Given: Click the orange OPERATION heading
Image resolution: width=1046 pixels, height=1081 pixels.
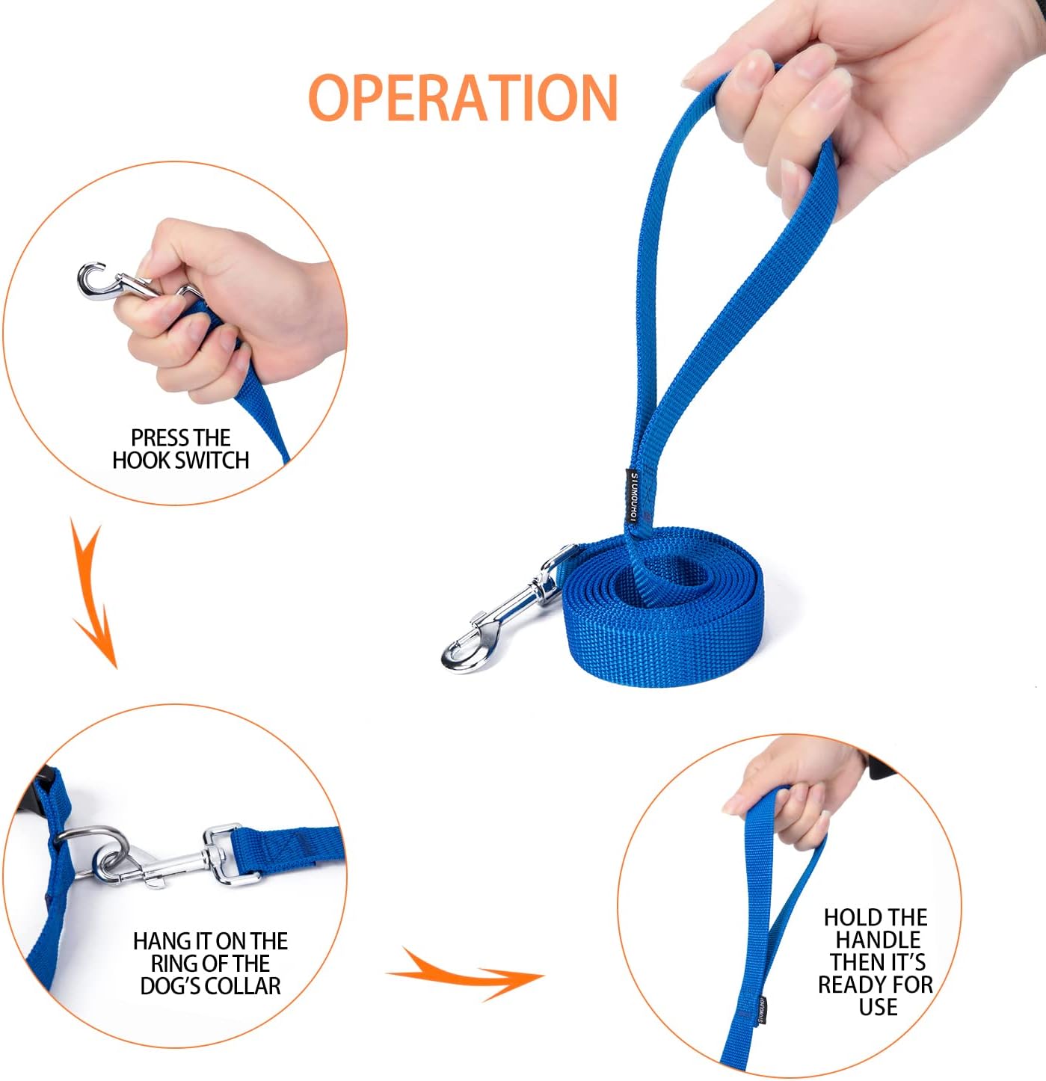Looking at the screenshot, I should (463, 98).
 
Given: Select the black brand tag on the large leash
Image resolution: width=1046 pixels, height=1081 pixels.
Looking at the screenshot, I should (633, 498).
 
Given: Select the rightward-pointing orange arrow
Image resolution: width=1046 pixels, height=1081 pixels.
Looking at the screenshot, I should (467, 973).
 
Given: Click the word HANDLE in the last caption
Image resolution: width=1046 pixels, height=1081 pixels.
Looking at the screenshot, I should (878, 940).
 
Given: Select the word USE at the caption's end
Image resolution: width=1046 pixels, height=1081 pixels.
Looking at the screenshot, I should (878, 1008).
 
